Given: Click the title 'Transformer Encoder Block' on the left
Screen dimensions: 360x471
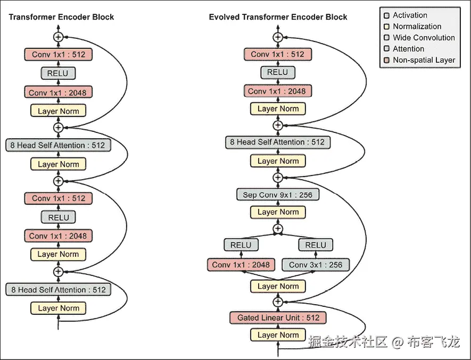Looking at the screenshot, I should click(61, 17).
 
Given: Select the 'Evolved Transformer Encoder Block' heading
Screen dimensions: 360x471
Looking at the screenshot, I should click(278, 17).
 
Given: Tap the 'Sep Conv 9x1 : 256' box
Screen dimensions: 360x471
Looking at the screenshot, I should click(278, 195).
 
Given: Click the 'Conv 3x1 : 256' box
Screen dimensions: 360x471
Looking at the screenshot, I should click(316, 264).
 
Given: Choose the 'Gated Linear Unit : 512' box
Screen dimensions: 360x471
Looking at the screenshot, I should click(278, 317).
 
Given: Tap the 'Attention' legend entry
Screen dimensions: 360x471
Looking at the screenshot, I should click(408, 49).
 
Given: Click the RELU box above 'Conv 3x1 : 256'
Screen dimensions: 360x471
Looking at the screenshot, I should click(316, 245).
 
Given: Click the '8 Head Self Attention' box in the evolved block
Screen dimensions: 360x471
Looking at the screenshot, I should click(278, 142).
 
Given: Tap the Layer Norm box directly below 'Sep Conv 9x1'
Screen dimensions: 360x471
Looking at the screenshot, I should click(278, 212).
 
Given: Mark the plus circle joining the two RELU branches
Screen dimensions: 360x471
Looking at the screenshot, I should click(278, 229).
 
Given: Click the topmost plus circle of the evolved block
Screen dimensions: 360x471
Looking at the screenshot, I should click(278, 37).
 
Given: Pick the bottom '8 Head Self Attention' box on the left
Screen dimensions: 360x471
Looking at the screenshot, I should click(59, 290).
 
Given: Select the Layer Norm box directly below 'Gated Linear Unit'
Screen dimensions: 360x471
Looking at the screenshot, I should click(278, 334).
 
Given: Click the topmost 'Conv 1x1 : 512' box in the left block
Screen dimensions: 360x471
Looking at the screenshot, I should click(59, 54).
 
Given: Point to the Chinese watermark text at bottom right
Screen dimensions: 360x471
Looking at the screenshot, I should click(384, 342).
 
